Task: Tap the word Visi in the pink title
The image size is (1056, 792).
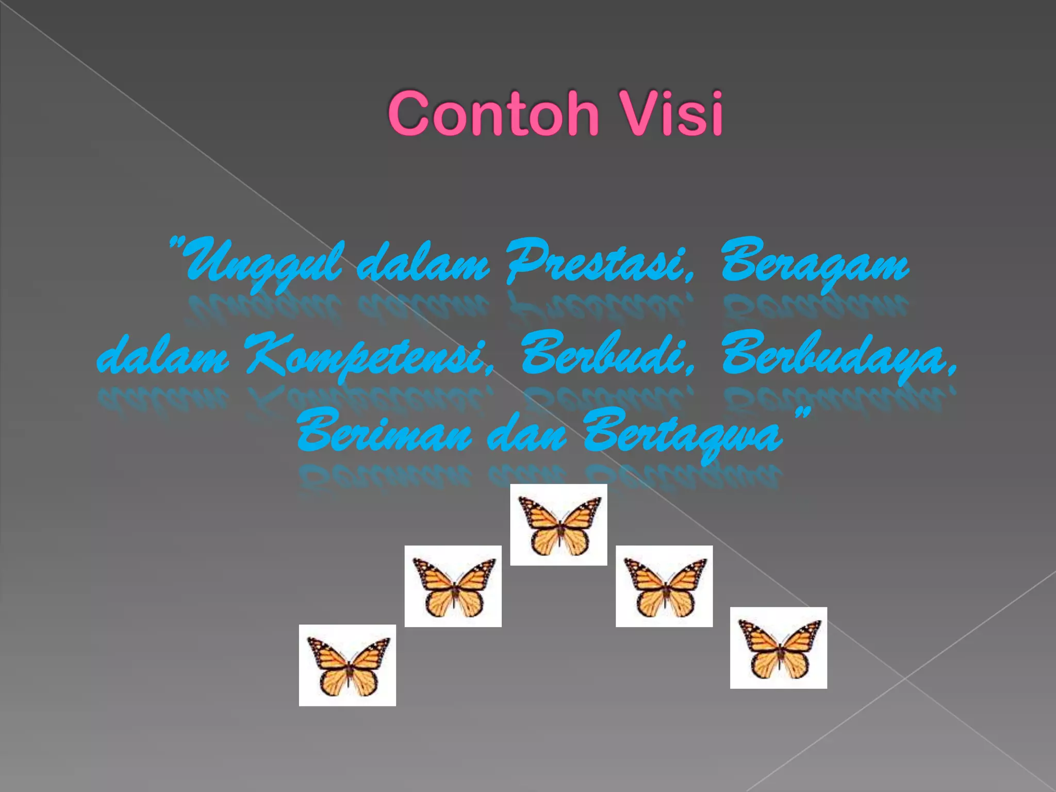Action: pyautogui.click(x=673, y=113)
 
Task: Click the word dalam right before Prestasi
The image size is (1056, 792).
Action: pyautogui.click(x=423, y=263)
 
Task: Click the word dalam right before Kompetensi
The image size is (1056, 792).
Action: pyautogui.click(x=162, y=356)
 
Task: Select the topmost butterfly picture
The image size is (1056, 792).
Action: pyautogui.click(x=558, y=524)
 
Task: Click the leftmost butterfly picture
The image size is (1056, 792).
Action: pyautogui.click(x=348, y=665)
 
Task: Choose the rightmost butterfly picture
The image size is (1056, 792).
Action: pyautogui.click(x=779, y=648)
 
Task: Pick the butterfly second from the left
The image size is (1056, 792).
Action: pyautogui.click(x=453, y=586)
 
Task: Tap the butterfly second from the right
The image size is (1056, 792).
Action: pyautogui.click(x=664, y=586)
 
